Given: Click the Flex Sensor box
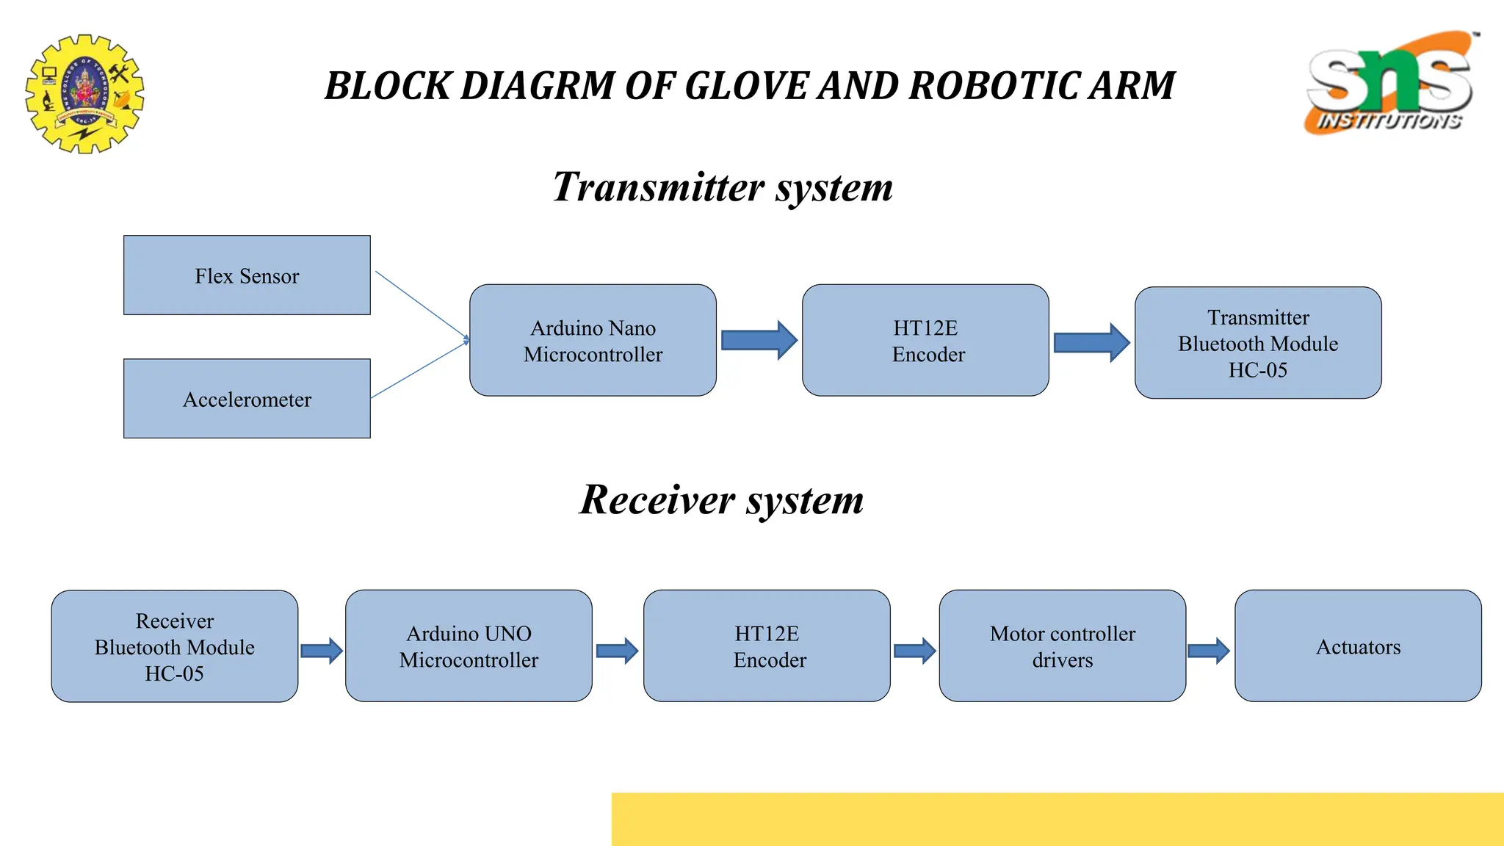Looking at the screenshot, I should pyautogui.click(x=247, y=275).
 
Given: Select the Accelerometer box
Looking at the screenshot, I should pyautogui.click(x=247, y=399).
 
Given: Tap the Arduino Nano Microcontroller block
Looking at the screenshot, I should pyautogui.click(x=593, y=341).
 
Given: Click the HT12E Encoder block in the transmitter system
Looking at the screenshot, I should pyautogui.click(x=925, y=341).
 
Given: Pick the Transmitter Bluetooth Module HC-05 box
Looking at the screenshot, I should pyautogui.click(x=1258, y=343).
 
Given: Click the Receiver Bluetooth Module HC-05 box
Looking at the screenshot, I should pyautogui.click(x=175, y=646).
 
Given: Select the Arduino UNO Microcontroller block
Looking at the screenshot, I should pyautogui.click(x=469, y=646).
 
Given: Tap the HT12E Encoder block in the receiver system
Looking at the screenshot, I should pyautogui.click(x=767, y=646).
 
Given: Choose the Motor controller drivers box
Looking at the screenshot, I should pyautogui.click(x=1062, y=646).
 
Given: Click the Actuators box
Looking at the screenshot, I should pyautogui.click(x=1358, y=646).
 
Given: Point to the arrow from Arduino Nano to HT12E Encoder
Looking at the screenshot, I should pyautogui.click(x=759, y=340).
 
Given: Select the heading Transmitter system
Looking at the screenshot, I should pyautogui.click(x=723, y=187).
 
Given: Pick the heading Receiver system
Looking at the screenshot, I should pyautogui.click(x=721, y=500).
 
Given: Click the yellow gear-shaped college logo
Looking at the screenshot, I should pyautogui.click(x=84, y=93).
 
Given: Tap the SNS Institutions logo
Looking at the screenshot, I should pyautogui.click(x=1390, y=82).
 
